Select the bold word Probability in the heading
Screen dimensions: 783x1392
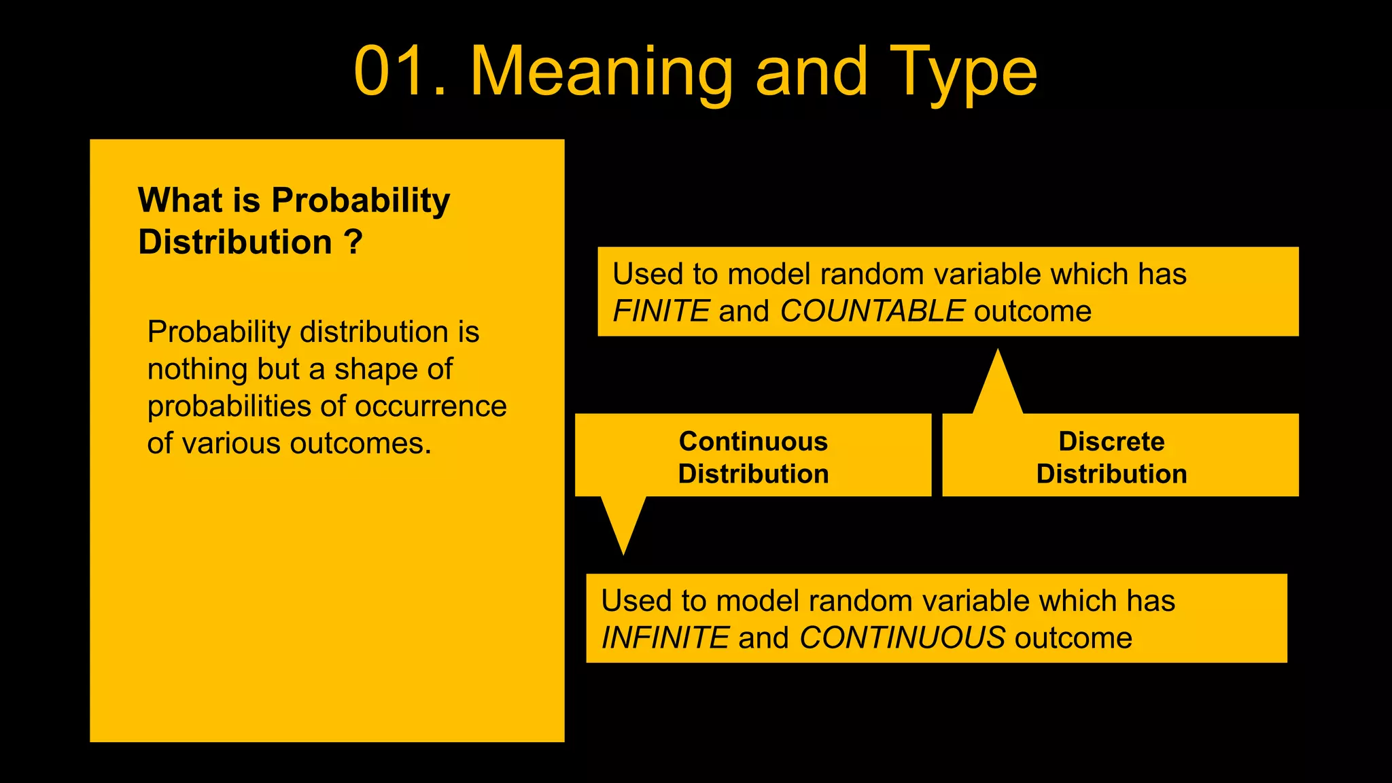(x=360, y=201)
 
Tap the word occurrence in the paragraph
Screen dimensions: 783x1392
(x=430, y=406)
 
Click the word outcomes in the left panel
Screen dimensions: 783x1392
(x=360, y=444)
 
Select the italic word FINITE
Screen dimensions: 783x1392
(x=661, y=311)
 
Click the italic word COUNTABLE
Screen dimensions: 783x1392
(x=872, y=311)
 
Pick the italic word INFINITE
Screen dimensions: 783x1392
(x=665, y=638)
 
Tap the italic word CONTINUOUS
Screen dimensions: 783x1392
(x=902, y=638)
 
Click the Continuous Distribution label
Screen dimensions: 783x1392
(x=753, y=457)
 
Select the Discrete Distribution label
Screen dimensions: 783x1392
(x=1111, y=457)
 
